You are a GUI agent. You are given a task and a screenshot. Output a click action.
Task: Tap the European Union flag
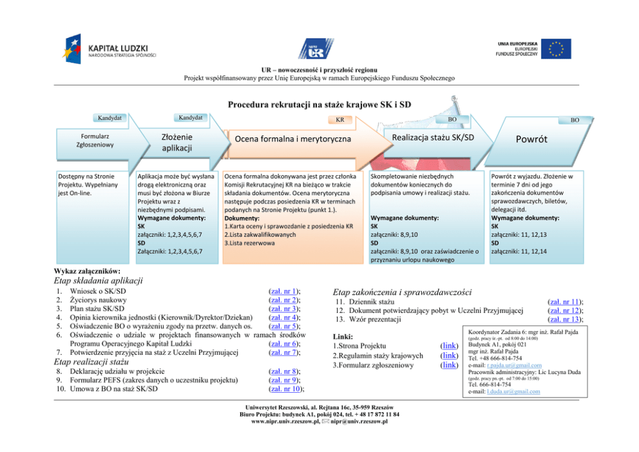[x=555, y=50]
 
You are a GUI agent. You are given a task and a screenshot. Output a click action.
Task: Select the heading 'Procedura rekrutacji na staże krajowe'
[x=319, y=104]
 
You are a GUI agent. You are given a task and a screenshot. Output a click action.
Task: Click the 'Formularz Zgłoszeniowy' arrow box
[x=95, y=141]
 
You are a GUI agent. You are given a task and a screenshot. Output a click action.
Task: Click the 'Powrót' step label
[x=531, y=139]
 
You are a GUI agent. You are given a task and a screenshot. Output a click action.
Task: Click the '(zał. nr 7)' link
[x=283, y=352]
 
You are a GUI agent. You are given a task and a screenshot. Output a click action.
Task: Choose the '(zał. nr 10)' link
[x=285, y=388]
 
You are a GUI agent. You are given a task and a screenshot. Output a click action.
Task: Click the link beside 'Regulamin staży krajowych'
[x=448, y=355]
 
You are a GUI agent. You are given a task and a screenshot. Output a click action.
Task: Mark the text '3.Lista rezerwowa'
[x=245, y=243]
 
